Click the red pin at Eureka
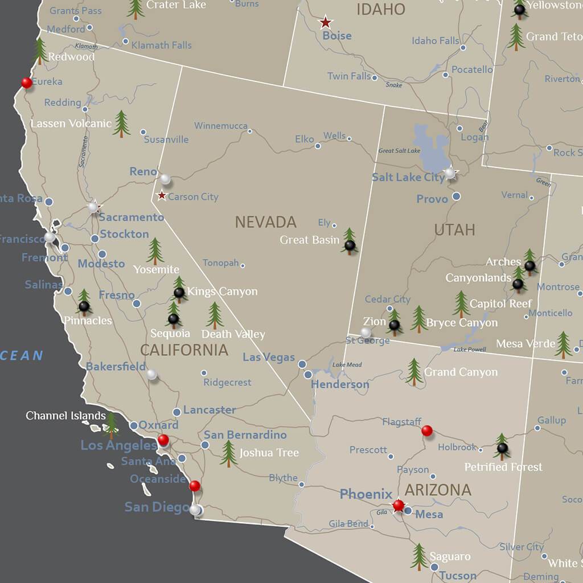pos(27,83)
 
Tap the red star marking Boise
pos(325,23)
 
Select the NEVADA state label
pos(266,222)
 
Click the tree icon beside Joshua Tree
pos(229,453)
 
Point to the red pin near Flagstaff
pos(427,430)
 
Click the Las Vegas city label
pos(269,358)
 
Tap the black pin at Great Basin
pos(350,245)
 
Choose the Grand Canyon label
pos(461,372)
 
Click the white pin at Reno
pos(165,179)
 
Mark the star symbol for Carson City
pos(162,196)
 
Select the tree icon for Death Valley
pos(215,315)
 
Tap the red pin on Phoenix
pos(399,505)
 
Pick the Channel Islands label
pos(65,416)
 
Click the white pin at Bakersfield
pos(151,374)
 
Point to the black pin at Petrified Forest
pos(502,448)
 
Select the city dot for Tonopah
pos(243,265)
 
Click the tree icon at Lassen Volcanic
pos(121,124)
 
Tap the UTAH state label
pos(454,229)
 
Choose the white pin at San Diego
pos(195,510)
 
